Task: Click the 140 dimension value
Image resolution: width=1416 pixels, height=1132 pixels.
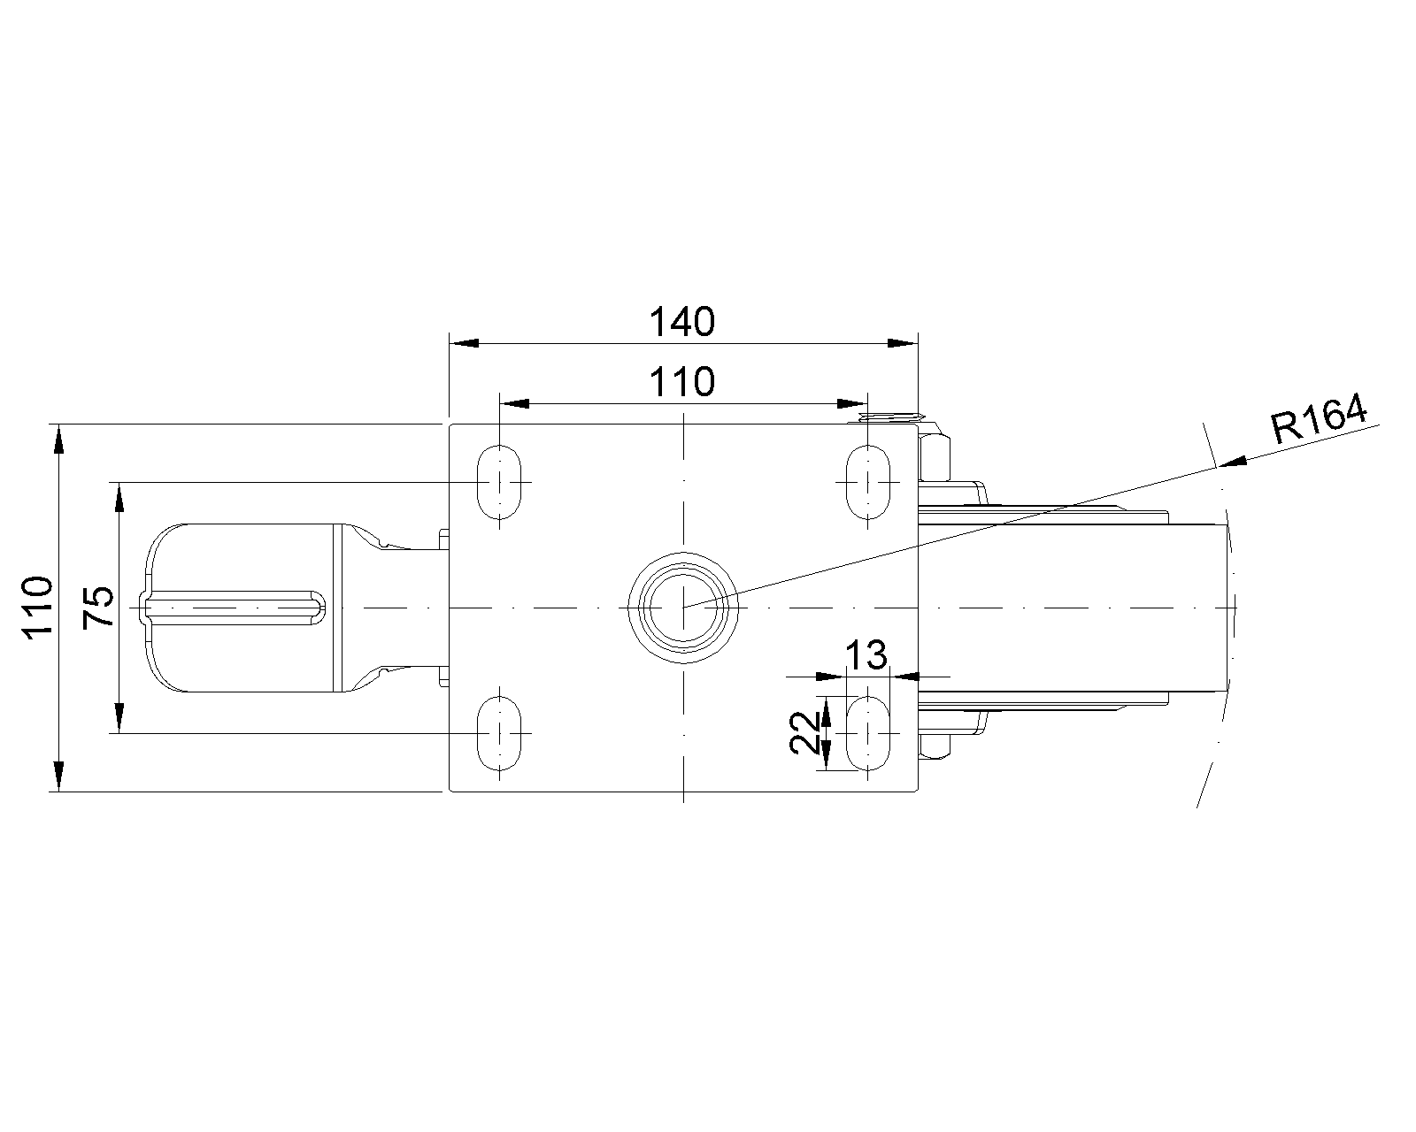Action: [x=681, y=322]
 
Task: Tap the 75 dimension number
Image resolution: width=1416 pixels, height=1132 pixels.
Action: [x=98, y=608]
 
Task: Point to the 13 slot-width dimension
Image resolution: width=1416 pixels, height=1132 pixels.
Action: [x=866, y=655]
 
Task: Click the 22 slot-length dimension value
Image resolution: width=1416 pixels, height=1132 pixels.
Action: [x=804, y=732]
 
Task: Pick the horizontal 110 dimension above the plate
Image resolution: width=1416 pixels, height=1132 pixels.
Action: [x=681, y=382]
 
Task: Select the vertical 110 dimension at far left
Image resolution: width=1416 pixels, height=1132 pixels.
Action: [x=37, y=608]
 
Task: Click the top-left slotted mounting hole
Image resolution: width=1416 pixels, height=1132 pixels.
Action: [x=499, y=482]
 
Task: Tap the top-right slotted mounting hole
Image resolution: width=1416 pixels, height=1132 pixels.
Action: [x=868, y=482]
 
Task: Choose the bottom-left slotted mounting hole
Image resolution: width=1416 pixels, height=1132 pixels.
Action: [x=499, y=733]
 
